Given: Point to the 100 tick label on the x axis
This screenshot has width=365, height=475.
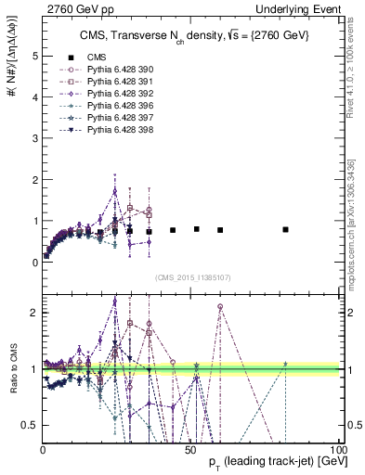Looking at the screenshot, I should pyautogui.click(x=336, y=448).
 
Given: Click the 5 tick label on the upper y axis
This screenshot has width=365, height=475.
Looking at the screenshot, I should pyautogui.click(x=34, y=56).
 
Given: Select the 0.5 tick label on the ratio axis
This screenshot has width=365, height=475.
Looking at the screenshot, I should pyautogui.click(x=30, y=425).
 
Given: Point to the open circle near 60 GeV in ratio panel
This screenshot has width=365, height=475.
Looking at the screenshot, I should pyautogui.click(x=220, y=306).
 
